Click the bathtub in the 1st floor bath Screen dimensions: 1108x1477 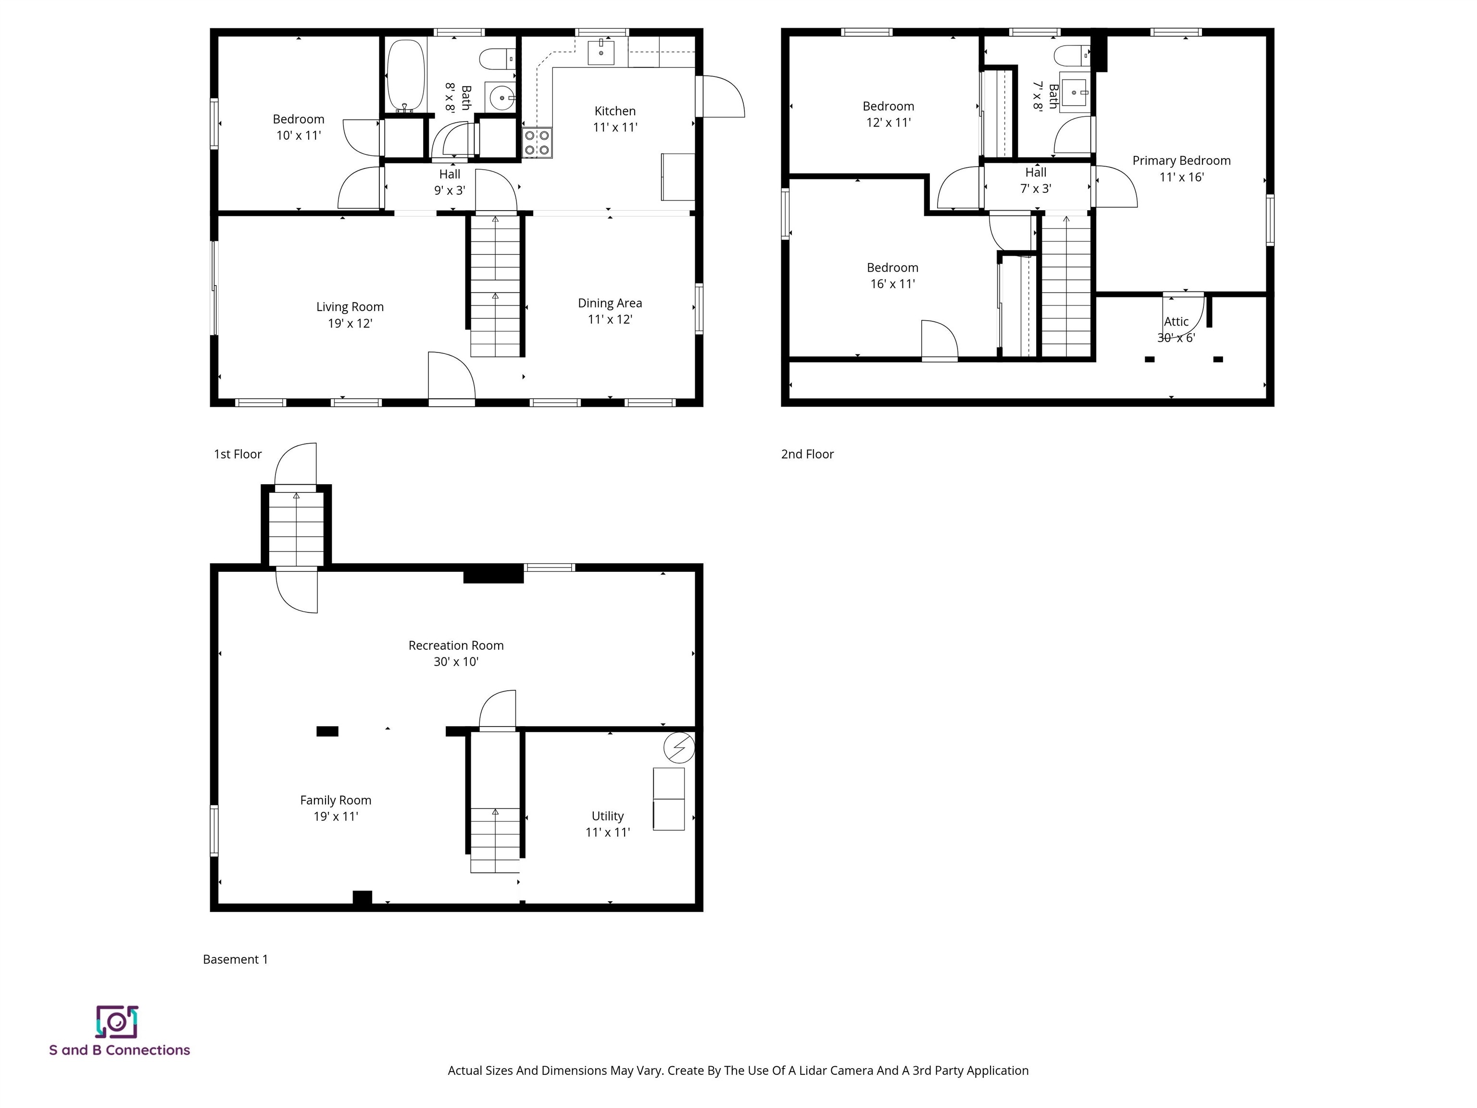405,75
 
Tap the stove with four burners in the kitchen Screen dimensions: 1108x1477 537,143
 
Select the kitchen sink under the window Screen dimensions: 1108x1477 601,52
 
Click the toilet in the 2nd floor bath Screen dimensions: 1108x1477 1071,55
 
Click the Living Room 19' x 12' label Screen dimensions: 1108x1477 350,315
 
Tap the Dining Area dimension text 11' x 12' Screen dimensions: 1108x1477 610,319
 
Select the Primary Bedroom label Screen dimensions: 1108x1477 1181,160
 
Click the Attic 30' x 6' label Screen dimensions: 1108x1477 1176,329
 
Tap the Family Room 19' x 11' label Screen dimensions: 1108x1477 336,807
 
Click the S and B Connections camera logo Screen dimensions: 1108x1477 117,1022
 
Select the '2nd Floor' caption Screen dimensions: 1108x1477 807,454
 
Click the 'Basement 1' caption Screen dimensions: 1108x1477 235,959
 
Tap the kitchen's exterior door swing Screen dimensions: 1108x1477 721,97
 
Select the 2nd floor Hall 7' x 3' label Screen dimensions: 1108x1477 1036,180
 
